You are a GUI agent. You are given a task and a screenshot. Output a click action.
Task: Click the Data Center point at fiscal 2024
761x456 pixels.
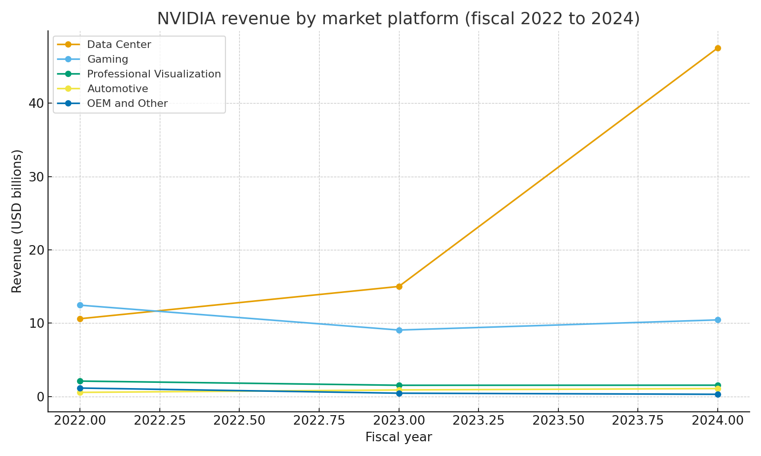point(717,48)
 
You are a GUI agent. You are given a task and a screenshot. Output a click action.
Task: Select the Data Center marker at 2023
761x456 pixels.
point(399,286)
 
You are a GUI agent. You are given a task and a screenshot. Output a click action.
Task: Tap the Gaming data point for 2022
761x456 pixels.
point(80,305)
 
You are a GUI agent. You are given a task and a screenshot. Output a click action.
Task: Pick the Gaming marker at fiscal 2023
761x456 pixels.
point(399,330)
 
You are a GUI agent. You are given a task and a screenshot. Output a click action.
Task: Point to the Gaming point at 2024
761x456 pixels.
point(717,320)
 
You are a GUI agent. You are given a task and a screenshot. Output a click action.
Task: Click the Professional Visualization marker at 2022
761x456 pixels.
point(80,381)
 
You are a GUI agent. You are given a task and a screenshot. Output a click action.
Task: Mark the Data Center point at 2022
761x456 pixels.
point(80,319)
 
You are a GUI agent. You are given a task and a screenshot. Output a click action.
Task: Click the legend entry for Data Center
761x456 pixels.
point(119,45)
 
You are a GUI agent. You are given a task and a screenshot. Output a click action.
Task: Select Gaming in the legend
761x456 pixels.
point(107,59)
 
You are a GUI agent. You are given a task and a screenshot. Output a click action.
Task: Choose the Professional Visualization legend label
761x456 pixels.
point(154,74)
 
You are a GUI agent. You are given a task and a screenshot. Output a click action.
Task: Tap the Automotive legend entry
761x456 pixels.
point(117,89)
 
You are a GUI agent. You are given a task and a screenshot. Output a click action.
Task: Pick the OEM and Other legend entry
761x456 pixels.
point(127,104)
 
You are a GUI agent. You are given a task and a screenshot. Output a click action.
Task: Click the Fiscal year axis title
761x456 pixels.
point(399,437)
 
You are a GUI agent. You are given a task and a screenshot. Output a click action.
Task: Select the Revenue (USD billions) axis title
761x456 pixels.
point(17,221)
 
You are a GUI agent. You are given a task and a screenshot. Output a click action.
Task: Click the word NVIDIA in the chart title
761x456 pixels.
point(186,19)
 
